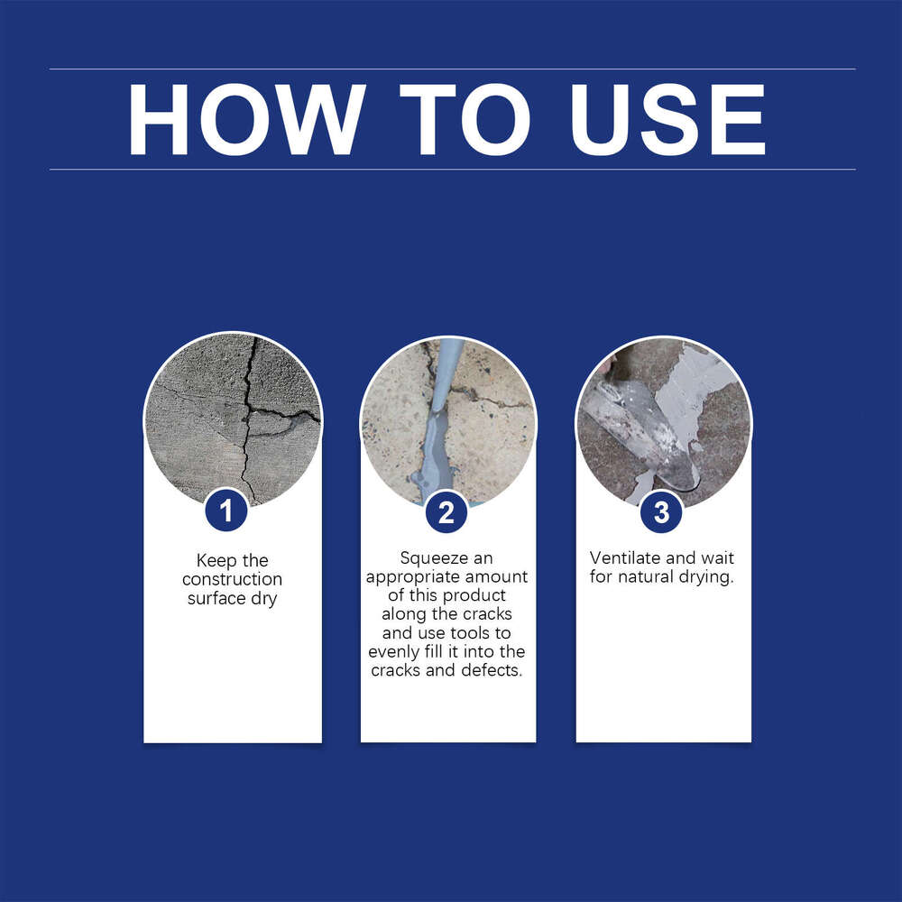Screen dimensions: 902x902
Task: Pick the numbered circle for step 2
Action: [x=446, y=512]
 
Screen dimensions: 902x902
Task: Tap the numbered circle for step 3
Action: [x=661, y=512]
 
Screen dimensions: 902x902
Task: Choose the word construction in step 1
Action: [x=232, y=579]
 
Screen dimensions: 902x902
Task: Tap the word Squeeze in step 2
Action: [x=434, y=558]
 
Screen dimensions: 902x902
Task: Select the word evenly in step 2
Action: [x=394, y=652]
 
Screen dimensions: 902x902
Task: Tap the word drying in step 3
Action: [x=708, y=576]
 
